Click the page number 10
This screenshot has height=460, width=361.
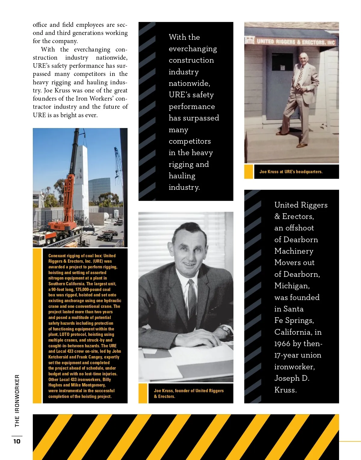click(x=17, y=441)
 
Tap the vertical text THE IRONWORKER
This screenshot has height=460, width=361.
click(x=17, y=401)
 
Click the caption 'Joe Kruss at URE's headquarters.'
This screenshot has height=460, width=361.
click(x=291, y=172)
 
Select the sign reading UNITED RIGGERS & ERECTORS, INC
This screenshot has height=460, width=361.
click(x=295, y=42)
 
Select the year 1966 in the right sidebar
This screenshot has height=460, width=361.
click(x=282, y=344)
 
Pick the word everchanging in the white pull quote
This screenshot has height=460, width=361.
click(x=193, y=49)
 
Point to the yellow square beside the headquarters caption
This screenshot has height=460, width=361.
click(x=248, y=172)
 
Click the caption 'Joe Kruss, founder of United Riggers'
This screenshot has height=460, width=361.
click(x=189, y=391)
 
